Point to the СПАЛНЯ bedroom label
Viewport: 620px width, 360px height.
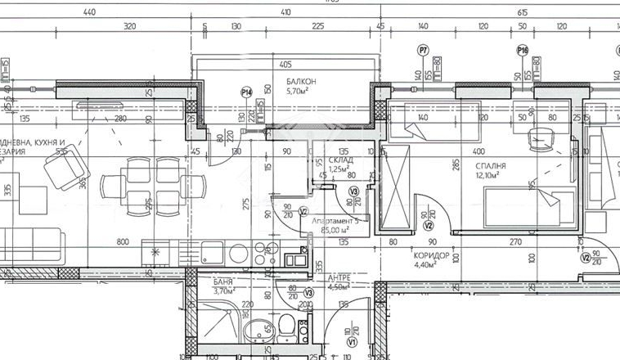click(x=489, y=166)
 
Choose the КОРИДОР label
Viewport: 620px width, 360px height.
click(x=430, y=254)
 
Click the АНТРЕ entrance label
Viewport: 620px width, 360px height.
click(x=338, y=277)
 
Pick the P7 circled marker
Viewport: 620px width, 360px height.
click(x=423, y=51)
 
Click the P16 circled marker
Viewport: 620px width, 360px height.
click(x=523, y=51)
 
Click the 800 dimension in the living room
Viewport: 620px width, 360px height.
click(x=123, y=241)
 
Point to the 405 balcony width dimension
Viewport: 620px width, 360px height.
click(x=285, y=64)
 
